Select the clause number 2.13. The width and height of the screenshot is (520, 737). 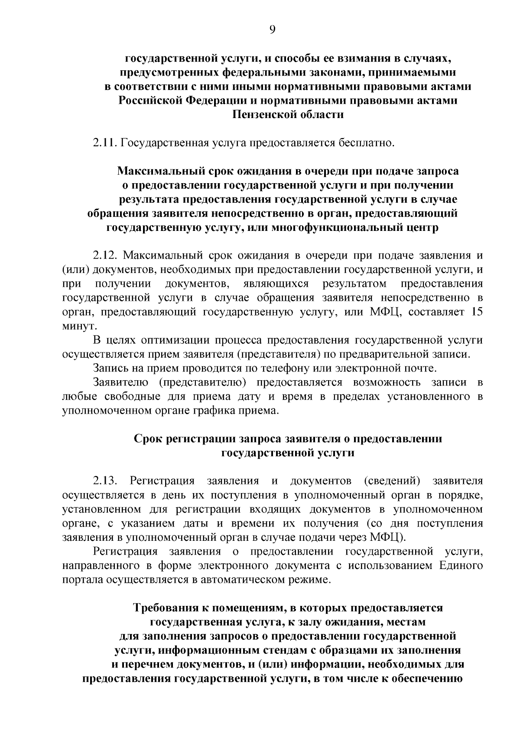pyautogui.click(x=105, y=481)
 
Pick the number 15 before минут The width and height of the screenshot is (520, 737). pyautogui.click(x=476, y=312)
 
